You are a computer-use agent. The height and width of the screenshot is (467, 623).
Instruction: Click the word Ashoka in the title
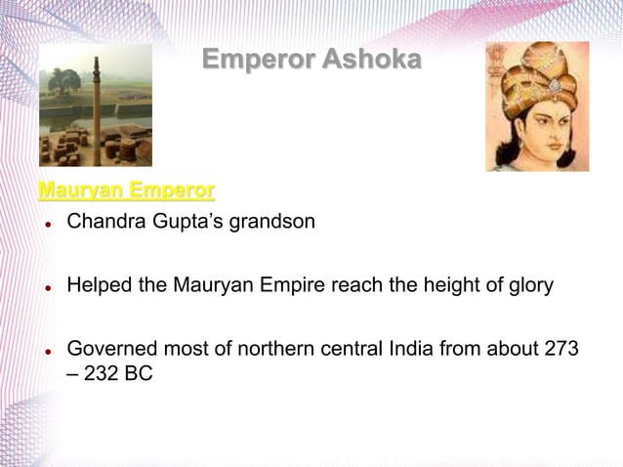pyautogui.click(x=372, y=61)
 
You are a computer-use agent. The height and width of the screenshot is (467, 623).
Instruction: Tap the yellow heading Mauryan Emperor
pyautogui.click(x=126, y=187)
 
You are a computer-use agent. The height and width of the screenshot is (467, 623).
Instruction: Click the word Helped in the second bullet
pyautogui.click(x=97, y=286)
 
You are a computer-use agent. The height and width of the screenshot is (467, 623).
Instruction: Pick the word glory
pyautogui.click(x=527, y=286)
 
